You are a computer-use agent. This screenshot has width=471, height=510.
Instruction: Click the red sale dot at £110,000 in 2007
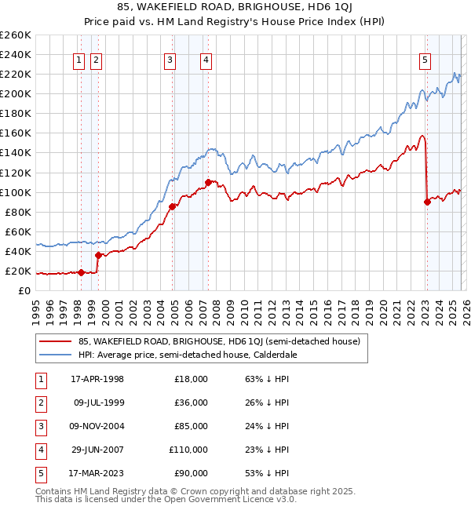(x=208, y=182)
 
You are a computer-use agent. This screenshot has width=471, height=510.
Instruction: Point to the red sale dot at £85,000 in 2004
(x=172, y=206)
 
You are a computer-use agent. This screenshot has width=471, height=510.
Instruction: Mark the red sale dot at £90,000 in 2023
(x=428, y=202)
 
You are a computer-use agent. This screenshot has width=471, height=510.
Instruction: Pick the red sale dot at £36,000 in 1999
(x=98, y=255)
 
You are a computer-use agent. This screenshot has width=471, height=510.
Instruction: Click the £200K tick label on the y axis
(x=15, y=93)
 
